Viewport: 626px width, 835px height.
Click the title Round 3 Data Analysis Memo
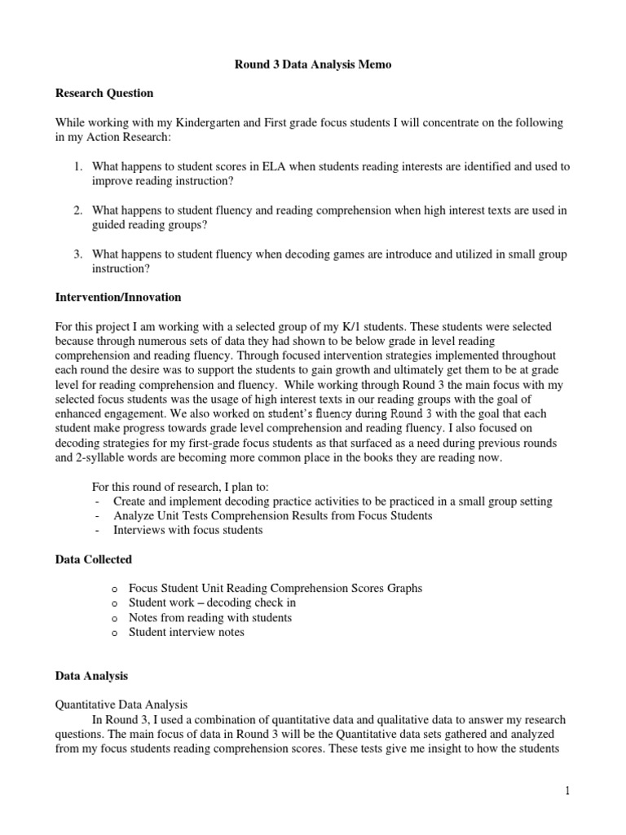point(313,64)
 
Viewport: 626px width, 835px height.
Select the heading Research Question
point(104,93)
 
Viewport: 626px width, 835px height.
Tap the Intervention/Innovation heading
point(118,297)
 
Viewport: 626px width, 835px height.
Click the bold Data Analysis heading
point(91,676)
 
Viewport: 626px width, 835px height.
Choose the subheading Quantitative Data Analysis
point(121,705)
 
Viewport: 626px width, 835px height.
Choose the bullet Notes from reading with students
point(209,617)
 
